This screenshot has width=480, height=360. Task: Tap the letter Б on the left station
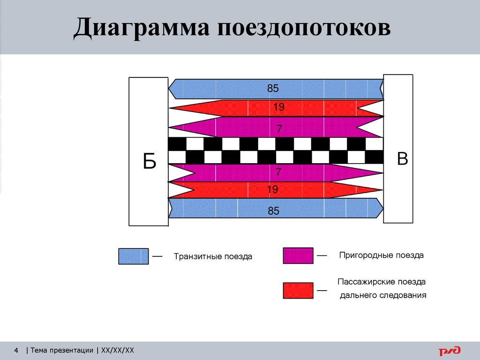coord(150,162)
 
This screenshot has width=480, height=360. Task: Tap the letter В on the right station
coord(402,159)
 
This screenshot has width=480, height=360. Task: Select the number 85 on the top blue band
coord(273,88)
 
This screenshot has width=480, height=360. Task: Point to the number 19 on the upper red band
coord(279,107)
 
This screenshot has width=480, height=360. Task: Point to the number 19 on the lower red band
coord(273,189)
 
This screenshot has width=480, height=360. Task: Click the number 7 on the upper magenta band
coord(279,128)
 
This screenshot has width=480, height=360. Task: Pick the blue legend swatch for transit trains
coord(134,256)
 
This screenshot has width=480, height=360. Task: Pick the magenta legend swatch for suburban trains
coord(298,256)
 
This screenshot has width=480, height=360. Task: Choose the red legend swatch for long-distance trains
coord(298,291)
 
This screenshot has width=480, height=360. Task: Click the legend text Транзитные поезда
coord(213,257)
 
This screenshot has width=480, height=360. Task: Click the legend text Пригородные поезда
coord(381,255)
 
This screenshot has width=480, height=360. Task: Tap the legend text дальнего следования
coord(383,295)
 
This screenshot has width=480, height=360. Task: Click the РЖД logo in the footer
coord(450,350)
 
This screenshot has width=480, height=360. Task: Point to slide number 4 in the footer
coord(16,350)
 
